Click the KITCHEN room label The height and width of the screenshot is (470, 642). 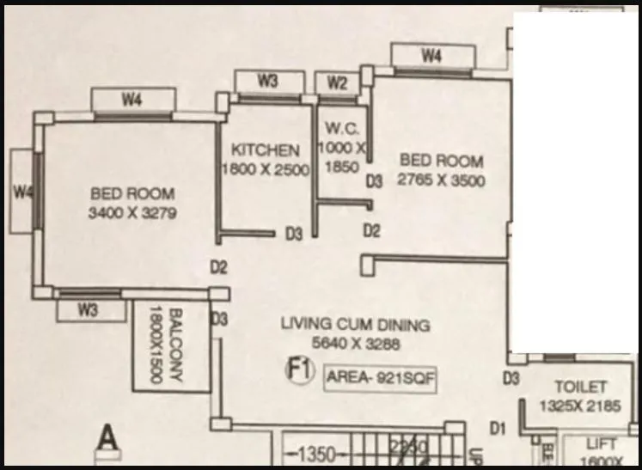(266, 150)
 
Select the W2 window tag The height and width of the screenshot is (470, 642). (338, 83)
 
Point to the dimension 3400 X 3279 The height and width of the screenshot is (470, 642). (132, 214)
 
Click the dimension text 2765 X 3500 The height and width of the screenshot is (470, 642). (441, 180)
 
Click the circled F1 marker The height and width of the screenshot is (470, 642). (298, 371)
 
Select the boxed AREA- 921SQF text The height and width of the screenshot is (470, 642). (379, 379)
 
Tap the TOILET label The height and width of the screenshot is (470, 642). (580, 388)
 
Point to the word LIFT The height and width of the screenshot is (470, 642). (595, 445)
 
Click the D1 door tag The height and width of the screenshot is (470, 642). (497, 425)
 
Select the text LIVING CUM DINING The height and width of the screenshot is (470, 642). (356, 325)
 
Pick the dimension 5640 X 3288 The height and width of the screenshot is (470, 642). (357, 344)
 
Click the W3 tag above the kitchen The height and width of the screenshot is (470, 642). (267, 81)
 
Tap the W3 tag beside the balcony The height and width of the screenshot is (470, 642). (89, 310)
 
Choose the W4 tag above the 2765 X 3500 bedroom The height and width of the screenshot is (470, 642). (431, 57)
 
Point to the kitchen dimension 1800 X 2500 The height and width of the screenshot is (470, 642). (266, 169)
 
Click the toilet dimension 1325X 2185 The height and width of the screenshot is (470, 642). (579, 406)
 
